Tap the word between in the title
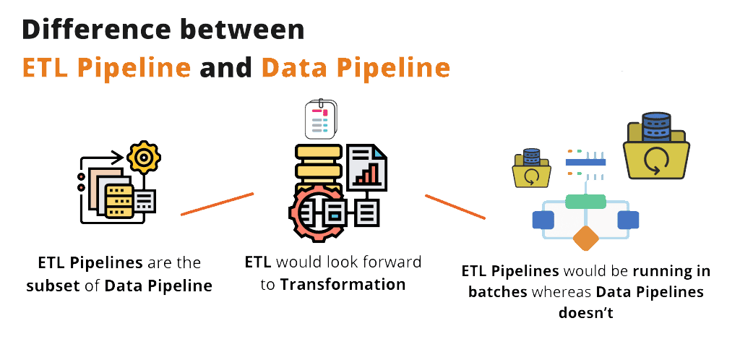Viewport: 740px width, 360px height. (246, 30)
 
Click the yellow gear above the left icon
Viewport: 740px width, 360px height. (144, 156)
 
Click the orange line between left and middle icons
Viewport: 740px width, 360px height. (217, 203)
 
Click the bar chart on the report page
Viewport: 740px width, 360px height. (369, 172)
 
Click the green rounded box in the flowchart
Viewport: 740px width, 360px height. (586, 201)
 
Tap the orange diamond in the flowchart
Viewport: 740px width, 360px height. (586, 239)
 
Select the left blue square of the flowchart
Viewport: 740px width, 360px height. (543, 220)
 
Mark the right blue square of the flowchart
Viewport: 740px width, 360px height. (628, 220)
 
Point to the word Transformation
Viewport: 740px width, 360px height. (343, 284)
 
